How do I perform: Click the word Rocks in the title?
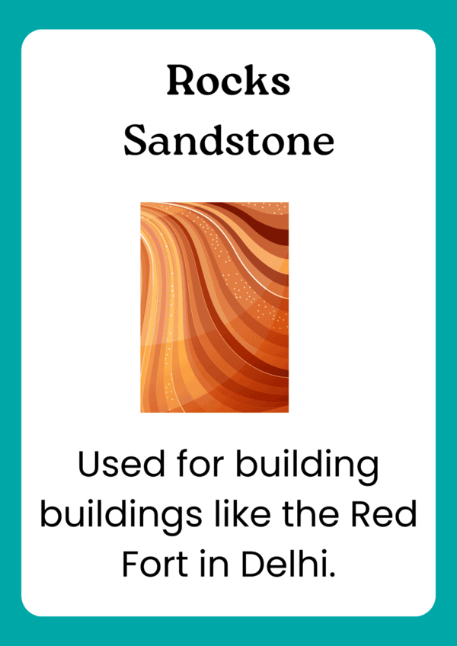click(228, 80)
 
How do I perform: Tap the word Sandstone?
click(228, 141)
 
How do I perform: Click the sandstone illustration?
click(214, 307)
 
